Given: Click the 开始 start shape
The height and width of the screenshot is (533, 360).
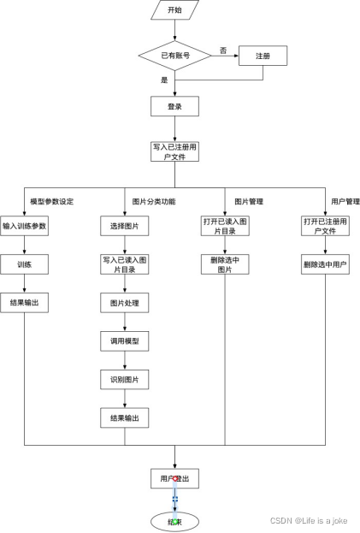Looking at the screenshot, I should (174, 10).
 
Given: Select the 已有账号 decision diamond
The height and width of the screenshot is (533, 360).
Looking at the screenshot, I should (175, 56).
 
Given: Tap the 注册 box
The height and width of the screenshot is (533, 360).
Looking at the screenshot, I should (262, 56).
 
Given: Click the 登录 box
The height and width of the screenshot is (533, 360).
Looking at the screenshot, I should (174, 107).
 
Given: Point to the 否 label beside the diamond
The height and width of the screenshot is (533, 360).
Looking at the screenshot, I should (223, 50).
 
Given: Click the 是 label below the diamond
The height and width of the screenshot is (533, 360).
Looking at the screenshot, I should (164, 80).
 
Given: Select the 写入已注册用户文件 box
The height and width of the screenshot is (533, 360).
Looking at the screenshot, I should (174, 151).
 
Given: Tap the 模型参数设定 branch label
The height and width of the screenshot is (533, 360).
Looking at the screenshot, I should (51, 202).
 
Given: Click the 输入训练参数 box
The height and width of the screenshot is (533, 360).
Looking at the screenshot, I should (24, 227).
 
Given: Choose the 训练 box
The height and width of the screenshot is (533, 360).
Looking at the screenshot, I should (24, 264).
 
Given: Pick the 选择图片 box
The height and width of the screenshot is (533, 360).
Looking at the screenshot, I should (125, 227).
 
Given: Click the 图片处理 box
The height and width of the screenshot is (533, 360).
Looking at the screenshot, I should (125, 303).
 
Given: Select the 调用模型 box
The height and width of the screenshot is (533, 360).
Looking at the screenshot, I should (125, 341).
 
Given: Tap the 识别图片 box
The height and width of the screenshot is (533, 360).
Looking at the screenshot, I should (125, 378).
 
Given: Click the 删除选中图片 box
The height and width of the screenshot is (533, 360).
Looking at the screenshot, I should (224, 264).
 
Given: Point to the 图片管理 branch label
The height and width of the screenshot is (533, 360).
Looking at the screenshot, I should (249, 202).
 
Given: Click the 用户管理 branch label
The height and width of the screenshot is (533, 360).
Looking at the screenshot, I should (344, 202).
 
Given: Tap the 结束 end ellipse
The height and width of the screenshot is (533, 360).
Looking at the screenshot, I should (174, 520).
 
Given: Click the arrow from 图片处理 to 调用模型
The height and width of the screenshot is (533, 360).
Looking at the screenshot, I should (125, 322).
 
